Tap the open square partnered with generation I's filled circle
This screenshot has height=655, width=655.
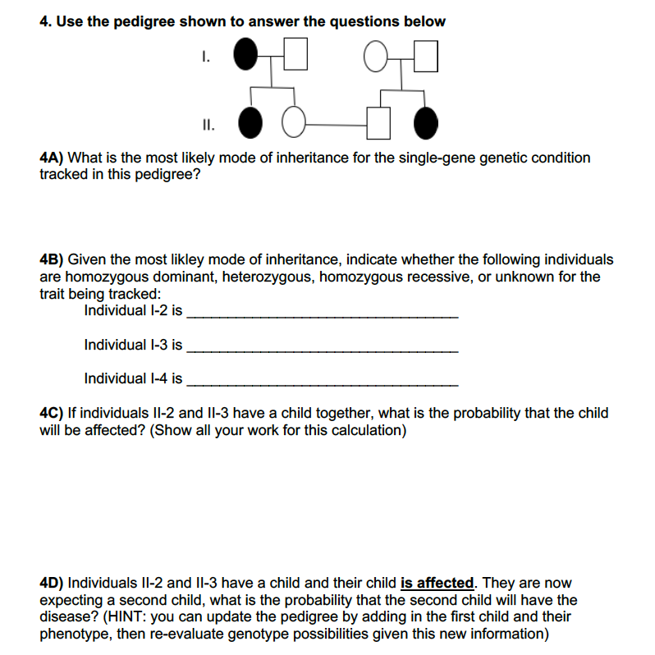coord(296,57)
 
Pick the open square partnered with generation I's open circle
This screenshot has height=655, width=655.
coord(426,57)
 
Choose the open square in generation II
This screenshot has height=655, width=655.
coord(378,124)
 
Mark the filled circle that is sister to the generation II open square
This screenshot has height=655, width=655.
coord(425,124)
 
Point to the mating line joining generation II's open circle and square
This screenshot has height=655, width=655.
coord(337,125)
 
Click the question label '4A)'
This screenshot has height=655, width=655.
coord(55,158)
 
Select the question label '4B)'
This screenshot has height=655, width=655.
coord(55,259)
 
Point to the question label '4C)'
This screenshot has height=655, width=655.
coord(55,413)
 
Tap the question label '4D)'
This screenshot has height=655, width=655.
coord(55,584)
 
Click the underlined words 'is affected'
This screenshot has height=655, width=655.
coord(437,584)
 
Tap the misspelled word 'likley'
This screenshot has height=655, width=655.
coord(192,259)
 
